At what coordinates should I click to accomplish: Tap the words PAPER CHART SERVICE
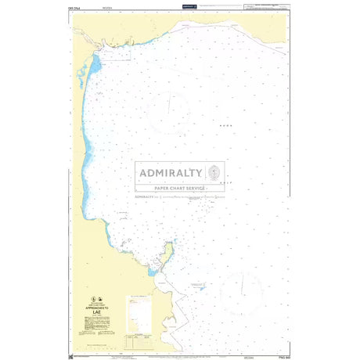(x=180, y=189)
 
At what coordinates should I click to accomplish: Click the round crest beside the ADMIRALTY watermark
(x=214, y=172)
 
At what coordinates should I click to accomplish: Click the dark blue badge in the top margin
(x=189, y=6)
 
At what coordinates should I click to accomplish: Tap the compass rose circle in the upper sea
(x=167, y=110)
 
